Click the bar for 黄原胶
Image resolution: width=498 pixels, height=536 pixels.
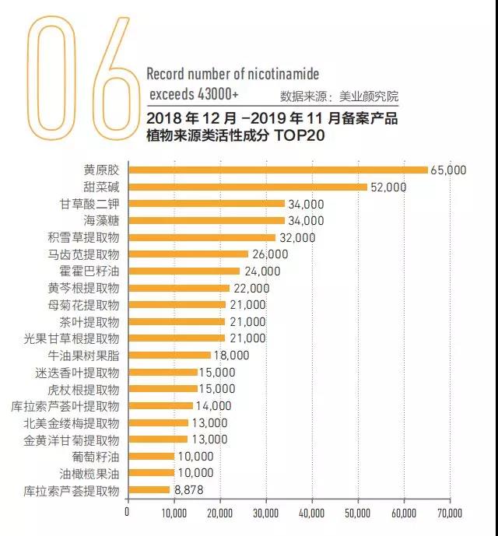click(x=278, y=170)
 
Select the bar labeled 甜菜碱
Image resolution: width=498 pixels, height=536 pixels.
click(x=247, y=187)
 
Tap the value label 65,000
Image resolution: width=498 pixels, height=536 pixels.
click(x=449, y=170)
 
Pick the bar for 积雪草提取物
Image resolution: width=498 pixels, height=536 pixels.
click(x=202, y=237)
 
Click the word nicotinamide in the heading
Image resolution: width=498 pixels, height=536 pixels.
click(x=279, y=74)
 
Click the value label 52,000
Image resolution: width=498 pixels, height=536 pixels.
click(x=388, y=187)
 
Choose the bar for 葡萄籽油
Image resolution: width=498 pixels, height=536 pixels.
click(x=151, y=457)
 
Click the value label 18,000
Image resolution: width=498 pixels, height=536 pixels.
click(x=231, y=356)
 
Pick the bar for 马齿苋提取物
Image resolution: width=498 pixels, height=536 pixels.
click(x=188, y=254)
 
